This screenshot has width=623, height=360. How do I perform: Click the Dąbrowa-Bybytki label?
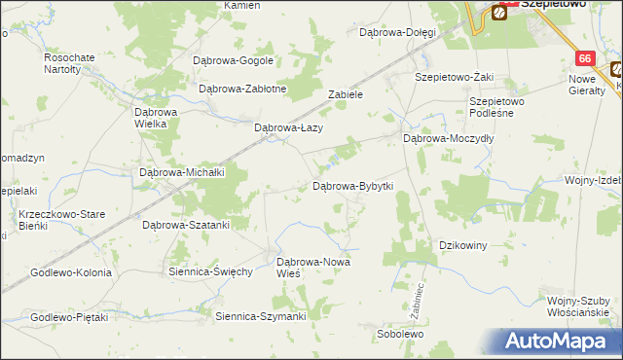[351, 186]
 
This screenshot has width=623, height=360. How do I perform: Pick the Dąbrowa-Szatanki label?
[186, 225]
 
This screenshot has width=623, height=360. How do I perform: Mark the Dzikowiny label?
[463, 245]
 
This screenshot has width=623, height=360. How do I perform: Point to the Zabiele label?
[346, 95]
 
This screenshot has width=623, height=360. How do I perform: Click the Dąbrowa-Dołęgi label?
[397, 32]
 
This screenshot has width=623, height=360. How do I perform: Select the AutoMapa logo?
[559, 342]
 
